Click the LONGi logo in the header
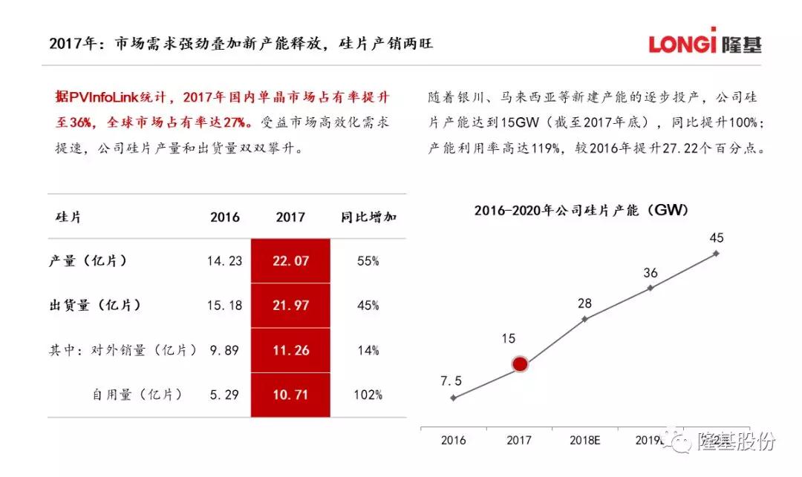pos(705,42)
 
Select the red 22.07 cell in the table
pos(290,261)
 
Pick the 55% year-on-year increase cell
pos(367,261)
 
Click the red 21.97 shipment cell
pos(290,306)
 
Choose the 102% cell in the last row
pos(367,395)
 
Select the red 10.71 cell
pos(290,395)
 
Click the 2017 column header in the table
pos(290,217)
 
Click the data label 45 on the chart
pos(717,238)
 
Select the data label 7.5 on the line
pos(451,381)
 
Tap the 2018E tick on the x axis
pos(585,440)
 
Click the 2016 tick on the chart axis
pos(453,440)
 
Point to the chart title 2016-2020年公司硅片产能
pos(581,210)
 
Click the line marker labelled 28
pos(585,319)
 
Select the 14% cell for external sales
pos(367,350)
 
